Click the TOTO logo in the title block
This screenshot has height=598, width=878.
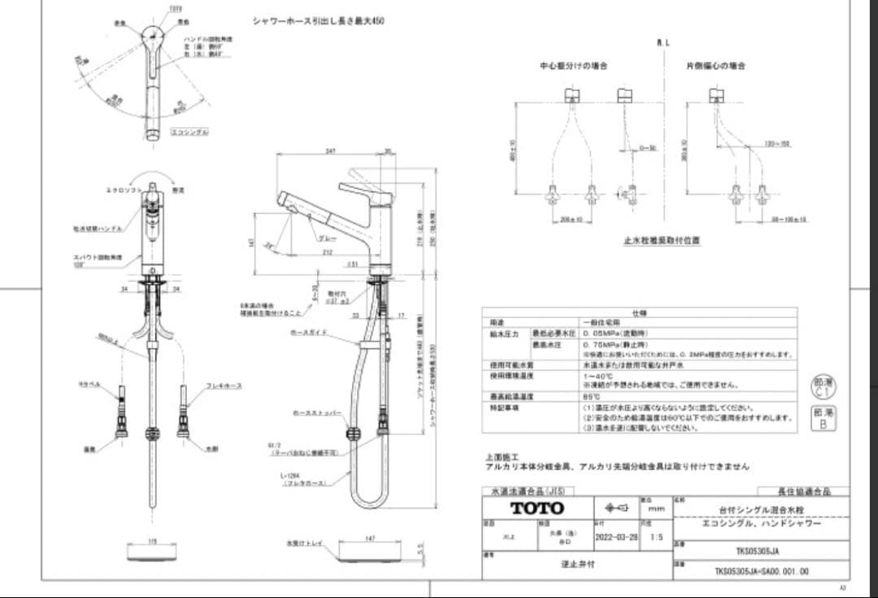537,508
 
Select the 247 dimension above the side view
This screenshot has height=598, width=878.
330,151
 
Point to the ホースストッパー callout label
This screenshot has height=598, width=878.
311,413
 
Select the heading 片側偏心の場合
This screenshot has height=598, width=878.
715,65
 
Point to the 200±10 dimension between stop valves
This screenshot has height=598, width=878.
572,220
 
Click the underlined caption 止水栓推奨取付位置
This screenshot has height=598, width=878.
662,241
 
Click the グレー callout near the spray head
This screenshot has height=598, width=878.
328,238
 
